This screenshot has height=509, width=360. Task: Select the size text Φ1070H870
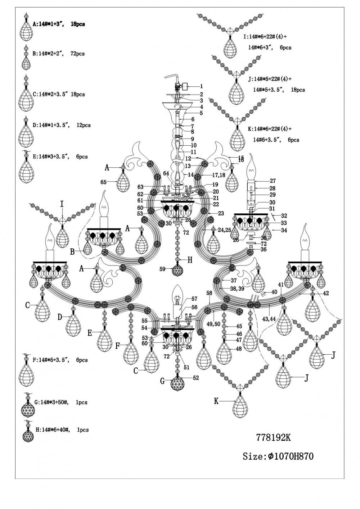278,456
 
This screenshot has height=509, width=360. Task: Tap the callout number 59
163,269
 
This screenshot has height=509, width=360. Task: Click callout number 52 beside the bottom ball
195,378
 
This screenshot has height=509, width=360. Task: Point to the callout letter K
216,401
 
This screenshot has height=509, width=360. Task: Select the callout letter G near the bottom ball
162,381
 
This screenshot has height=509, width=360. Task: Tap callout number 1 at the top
202,86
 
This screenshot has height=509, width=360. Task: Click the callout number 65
103,182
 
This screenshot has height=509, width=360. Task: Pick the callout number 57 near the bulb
194,299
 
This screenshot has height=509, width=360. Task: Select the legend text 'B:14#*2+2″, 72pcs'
58,54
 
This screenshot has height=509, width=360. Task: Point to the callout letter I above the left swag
62,205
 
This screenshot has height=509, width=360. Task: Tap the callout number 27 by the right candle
273,181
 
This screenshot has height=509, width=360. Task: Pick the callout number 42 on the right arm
326,293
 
